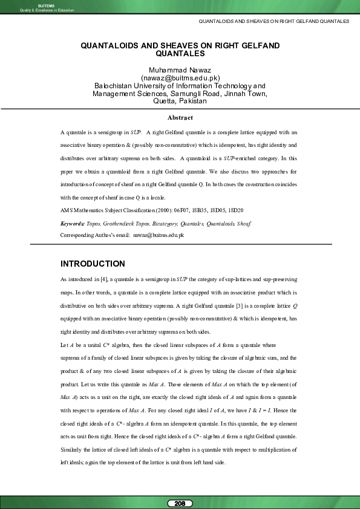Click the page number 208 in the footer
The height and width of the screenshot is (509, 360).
[x=180, y=503]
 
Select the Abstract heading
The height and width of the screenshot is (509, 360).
[x=180, y=117]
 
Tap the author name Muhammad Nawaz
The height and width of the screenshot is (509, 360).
[x=180, y=70]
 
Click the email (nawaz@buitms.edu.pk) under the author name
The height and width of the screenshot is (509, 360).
[x=180, y=77]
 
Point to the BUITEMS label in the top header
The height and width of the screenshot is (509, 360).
[x=38, y=4]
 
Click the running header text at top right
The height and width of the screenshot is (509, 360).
[x=273, y=21]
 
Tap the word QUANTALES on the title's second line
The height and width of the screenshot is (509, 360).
[x=180, y=53]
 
